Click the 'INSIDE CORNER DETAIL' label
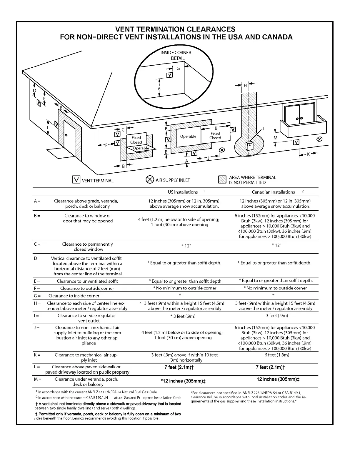click(x=176, y=55)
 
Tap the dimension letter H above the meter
click(x=245, y=86)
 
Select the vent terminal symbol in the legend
click(x=76, y=179)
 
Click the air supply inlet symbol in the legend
click(x=150, y=179)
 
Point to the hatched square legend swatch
click(x=222, y=179)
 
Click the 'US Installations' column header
click(x=183, y=192)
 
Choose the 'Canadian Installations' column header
click(x=273, y=192)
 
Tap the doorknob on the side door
click(x=66, y=135)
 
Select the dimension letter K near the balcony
click(x=309, y=154)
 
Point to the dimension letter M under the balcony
click(x=276, y=138)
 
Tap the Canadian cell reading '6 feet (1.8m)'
click(x=277, y=355)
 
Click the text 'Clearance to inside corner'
click(x=74, y=296)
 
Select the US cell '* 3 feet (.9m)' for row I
click(x=183, y=316)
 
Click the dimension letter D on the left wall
click(x=34, y=91)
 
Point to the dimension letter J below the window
click(x=209, y=158)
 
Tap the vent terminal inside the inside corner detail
click(x=170, y=75)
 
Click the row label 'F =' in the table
click(x=37, y=288)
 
